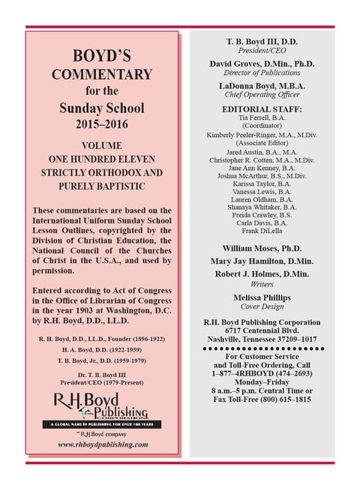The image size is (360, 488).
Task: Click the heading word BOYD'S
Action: (102, 56)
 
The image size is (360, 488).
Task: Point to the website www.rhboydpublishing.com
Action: (102, 444)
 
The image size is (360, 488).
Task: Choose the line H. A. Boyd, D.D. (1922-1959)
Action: (102, 349)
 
